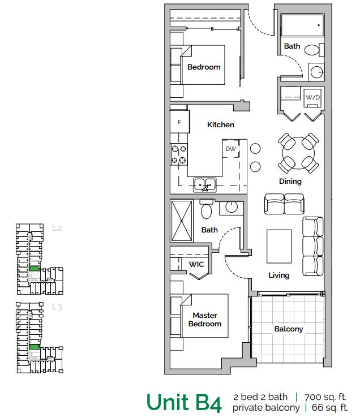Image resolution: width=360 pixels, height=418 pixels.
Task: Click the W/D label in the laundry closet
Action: (x=313, y=97)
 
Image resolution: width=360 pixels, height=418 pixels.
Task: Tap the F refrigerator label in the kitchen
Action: (x=179, y=122)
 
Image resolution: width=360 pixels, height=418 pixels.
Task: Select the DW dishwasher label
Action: (x=230, y=149)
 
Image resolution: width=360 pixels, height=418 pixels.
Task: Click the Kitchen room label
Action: (x=220, y=124)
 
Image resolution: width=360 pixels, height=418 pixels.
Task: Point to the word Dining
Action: (x=290, y=182)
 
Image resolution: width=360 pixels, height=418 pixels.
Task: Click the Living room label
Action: (x=279, y=275)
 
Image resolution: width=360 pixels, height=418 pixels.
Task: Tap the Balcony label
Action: (x=289, y=329)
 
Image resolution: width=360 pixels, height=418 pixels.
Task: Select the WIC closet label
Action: (x=196, y=264)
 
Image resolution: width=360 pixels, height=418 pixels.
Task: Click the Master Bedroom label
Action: (x=204, y=320)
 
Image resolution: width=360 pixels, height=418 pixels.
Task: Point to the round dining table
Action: (x=298, y=151)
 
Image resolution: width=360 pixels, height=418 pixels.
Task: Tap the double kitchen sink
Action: (x=205, y=184)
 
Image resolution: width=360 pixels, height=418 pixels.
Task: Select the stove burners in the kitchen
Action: (x=179, y=154)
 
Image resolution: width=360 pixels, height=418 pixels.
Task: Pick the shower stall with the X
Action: (x=182, y=220)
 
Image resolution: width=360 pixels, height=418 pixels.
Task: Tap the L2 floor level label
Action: (x=57, y=229)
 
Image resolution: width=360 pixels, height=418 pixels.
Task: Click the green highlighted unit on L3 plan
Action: (x=35, y=346)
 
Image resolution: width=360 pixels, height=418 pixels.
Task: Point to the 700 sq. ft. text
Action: (x=325, y=397)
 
